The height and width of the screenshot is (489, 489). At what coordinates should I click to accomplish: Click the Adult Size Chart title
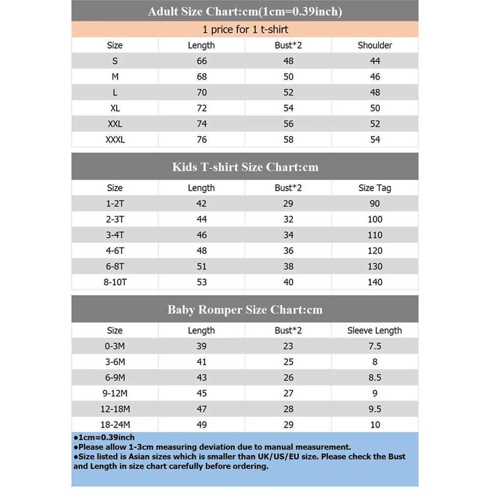(245, 11)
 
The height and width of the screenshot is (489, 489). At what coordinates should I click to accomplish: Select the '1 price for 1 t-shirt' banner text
(245, 29)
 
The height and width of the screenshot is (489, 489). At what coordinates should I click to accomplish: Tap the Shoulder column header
(375, 45)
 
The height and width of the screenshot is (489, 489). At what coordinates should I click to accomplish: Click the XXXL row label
(115, 139)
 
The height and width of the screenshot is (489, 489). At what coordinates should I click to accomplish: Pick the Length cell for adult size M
(201, 77)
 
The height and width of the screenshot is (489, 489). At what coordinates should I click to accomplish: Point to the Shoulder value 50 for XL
(375, 108)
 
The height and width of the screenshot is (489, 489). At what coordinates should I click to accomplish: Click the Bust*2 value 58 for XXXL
(289, 139)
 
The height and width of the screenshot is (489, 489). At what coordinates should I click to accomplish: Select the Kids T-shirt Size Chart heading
(245, 167)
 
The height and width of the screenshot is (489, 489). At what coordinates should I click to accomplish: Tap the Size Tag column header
(375, 188)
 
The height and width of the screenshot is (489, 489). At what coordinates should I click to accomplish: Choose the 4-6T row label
(115, 250)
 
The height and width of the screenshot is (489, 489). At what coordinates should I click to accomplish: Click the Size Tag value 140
(375, 282)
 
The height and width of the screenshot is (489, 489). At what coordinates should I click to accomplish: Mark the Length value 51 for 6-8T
(201, 266)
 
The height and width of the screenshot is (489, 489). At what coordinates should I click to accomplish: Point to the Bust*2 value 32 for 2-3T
(289, 219)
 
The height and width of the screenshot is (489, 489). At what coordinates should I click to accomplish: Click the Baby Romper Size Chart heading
(245, 310)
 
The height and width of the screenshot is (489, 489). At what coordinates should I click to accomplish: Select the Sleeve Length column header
(375, 331)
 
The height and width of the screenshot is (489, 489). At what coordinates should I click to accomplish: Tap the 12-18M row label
(115, 409)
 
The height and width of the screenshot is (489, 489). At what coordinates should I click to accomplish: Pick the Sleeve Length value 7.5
(375, 346)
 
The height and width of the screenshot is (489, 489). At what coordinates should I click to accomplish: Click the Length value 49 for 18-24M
(201, 424)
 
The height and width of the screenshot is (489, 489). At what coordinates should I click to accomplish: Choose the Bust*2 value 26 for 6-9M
(289, 378)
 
